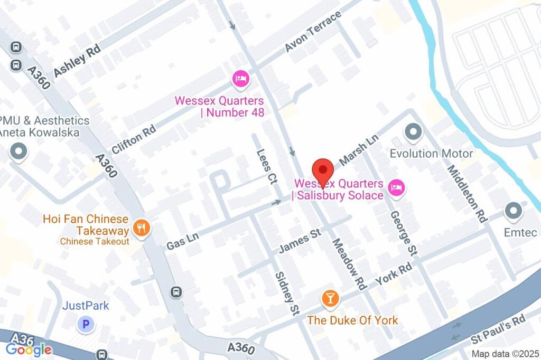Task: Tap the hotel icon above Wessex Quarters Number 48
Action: [x=241, y=80]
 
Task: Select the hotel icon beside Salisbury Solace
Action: [x=396, y=187]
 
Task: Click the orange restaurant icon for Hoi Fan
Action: [x=141, y=228]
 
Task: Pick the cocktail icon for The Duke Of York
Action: [x=330, y=299]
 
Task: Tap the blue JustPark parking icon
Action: [x=85, y=324]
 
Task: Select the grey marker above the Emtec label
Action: [x=512, y=211]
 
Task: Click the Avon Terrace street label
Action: [x=313, y=32]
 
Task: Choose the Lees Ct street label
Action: [x=266, y=166]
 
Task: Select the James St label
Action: [x=300, y=240]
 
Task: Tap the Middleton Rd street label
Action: [x=467, y=193]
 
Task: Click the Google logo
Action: [x=29, y=349]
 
